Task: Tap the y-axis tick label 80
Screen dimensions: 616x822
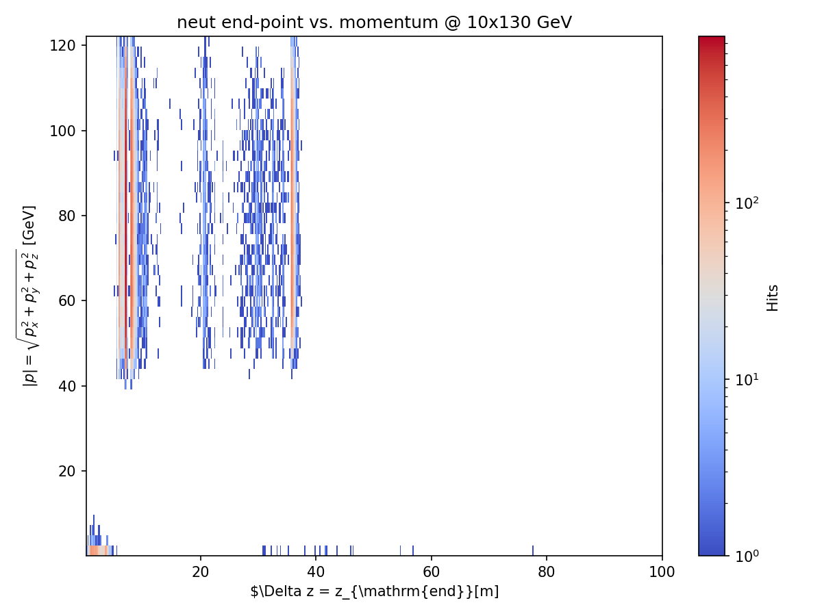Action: point(67,216)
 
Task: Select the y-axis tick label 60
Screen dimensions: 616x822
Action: point(67,300)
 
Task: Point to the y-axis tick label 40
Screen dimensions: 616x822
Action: point(67,386)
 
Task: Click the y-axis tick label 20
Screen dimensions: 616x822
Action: point(67,471)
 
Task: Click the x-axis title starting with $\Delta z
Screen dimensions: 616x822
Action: point(374,591)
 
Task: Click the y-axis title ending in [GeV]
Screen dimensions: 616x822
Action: point(30,296)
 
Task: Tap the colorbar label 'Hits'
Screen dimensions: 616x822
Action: point(773,298)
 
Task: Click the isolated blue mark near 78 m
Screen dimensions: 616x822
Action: point(533,550)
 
